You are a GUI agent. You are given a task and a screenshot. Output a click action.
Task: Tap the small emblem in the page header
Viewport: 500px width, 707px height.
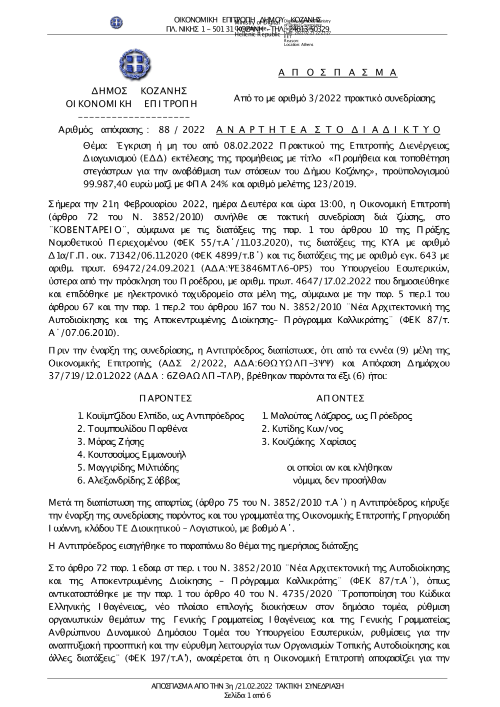116,22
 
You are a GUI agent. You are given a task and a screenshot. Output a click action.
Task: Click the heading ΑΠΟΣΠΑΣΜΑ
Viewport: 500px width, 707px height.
337,73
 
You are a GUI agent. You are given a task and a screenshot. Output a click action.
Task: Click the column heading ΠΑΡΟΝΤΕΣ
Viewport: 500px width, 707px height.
166,398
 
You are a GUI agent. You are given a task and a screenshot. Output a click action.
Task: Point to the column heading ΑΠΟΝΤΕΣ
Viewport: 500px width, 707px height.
340,398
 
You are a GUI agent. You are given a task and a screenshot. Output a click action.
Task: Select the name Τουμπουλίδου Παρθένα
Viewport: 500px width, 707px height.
132,429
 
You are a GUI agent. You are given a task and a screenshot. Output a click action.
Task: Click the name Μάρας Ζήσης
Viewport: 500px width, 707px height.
110,442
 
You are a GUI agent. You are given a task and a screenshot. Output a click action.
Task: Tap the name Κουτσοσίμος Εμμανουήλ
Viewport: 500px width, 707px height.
131,455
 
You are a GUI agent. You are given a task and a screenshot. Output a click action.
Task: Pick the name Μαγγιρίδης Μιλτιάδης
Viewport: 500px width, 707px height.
128,468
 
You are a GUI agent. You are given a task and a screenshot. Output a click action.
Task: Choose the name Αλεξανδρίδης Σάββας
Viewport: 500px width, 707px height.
128,481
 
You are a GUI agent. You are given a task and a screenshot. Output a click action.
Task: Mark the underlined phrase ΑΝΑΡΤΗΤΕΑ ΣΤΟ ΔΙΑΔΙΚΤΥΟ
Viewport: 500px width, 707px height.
328,130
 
